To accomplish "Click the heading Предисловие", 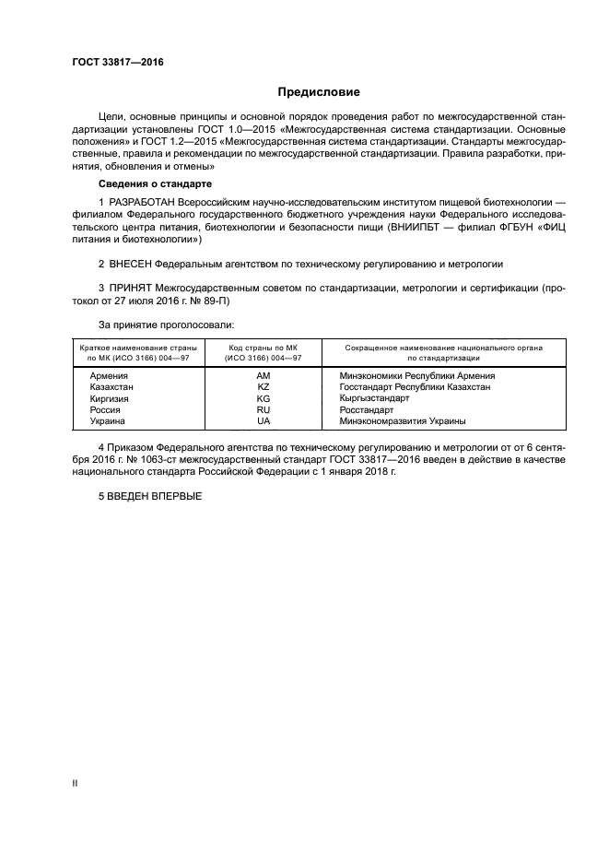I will click(320, 92).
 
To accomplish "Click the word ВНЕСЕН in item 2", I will click(136, 264).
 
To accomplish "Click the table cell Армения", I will click(109, 376).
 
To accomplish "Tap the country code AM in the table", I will click(264, 376).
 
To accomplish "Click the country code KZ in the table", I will click(264, 387).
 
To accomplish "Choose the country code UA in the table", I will click(264, 420).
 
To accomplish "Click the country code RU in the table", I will click(264, 409).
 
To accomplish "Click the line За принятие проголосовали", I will click(166, 325).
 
